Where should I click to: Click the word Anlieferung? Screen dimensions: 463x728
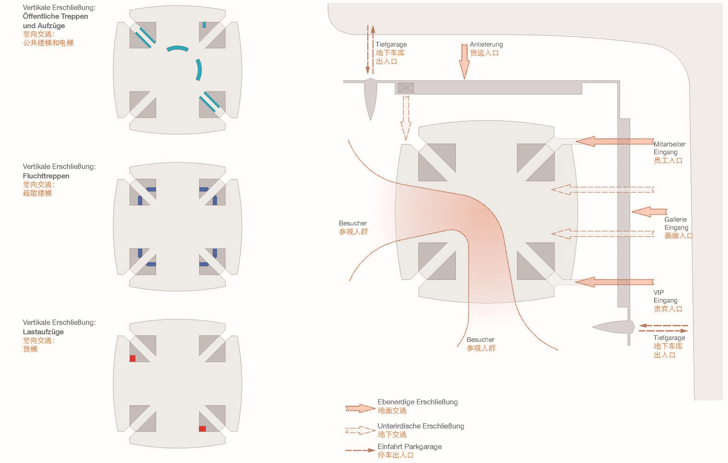click(486, 45)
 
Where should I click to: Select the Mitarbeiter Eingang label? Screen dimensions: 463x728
click(669, 148)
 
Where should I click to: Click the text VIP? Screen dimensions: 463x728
click(659, 293)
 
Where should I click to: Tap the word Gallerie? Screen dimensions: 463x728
click(675, 219)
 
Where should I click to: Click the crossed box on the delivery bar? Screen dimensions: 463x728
click(406, 88)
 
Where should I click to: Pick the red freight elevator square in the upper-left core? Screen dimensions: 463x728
click(133, 358)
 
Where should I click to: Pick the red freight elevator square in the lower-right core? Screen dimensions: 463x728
click(203, 429)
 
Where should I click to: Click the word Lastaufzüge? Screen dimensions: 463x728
click(43, 332)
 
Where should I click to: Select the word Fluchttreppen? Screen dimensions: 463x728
click(46, 176)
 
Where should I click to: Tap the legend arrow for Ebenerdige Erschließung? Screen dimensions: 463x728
click(360, 409)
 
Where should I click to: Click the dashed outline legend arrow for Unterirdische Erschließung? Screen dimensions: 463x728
click(360, 430)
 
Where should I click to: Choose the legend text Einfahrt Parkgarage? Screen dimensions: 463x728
click(409, 447)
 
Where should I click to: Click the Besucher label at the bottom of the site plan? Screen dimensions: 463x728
click(480, 340)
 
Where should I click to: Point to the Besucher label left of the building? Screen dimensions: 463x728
click(353, 223)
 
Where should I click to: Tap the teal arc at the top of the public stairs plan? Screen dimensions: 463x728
click(177, 48)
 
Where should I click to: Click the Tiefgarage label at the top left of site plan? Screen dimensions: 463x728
click(391, 45)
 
